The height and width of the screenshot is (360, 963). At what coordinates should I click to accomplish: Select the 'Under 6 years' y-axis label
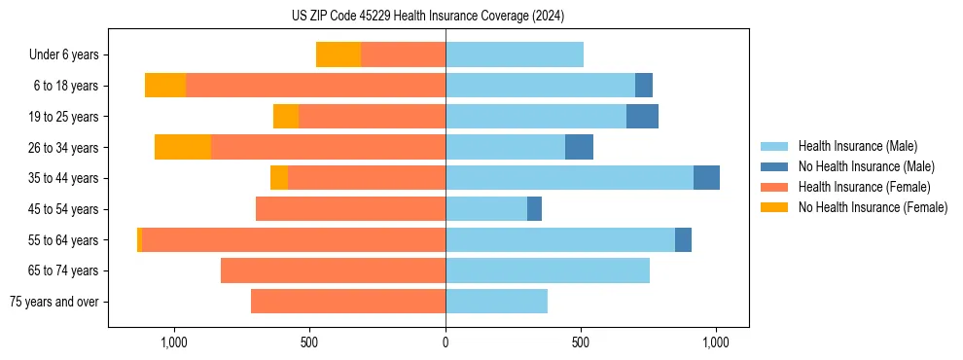click(64, 55)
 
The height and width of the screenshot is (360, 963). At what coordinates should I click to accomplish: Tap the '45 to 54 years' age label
click(64, 209)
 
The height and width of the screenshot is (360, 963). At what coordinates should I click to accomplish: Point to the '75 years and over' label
click(55, 302)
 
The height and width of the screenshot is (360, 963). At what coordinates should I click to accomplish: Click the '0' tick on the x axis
click(446, 342)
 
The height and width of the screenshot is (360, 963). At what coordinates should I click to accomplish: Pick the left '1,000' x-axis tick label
click(174, 342)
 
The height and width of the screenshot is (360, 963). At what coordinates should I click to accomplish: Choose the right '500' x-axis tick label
click(581, 342)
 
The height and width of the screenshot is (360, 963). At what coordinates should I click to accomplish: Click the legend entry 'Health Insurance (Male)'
click(857, 146)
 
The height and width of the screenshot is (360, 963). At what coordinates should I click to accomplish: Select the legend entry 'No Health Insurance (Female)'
click(873, 207)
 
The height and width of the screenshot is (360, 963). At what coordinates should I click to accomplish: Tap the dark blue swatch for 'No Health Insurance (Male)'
click(774, 166)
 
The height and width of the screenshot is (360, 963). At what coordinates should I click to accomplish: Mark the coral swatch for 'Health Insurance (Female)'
click(774, 187)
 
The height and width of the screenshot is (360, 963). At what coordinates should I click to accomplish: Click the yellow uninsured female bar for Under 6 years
click(339, 55)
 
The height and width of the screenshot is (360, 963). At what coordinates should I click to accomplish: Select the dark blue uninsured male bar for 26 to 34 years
click(579, 148)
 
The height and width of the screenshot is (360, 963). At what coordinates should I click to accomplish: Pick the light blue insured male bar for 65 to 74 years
click(548, 270)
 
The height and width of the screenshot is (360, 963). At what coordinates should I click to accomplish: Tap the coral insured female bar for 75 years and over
click(348, 302)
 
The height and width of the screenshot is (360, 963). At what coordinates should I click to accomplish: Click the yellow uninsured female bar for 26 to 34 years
click(183, 148)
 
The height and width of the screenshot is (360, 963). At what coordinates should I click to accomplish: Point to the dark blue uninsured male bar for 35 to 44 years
click(706, 178)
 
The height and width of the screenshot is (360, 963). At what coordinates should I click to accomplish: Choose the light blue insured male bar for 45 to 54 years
click(486, 209)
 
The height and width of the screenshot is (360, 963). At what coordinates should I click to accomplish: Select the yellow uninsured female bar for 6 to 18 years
click(165, 86)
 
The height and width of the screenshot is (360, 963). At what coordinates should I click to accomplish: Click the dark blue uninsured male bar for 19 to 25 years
click(642, 117)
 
